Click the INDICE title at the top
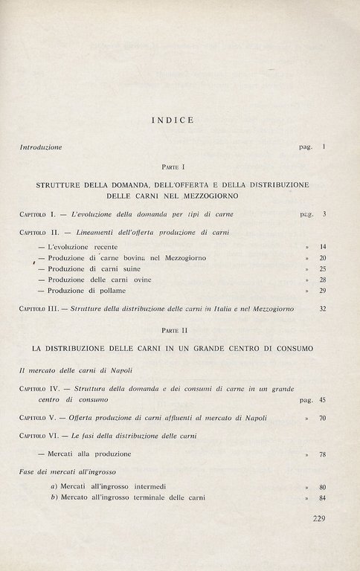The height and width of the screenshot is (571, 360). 173,119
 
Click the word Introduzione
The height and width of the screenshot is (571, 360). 41,147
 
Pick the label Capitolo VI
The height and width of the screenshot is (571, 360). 42,436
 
